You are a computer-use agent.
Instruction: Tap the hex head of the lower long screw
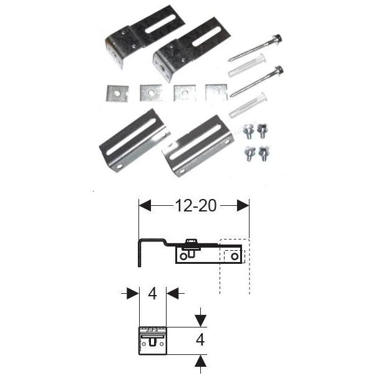click(x=278, y=70)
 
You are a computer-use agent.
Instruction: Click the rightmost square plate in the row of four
click(x=216, y=92)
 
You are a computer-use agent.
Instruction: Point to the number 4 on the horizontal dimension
click(x=153, y=293)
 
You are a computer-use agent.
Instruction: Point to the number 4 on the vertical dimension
click(x=200, y=340)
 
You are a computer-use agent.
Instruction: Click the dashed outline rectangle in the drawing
click(x=234, y=266)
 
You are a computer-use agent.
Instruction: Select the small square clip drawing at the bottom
click(x=152, y=340)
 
